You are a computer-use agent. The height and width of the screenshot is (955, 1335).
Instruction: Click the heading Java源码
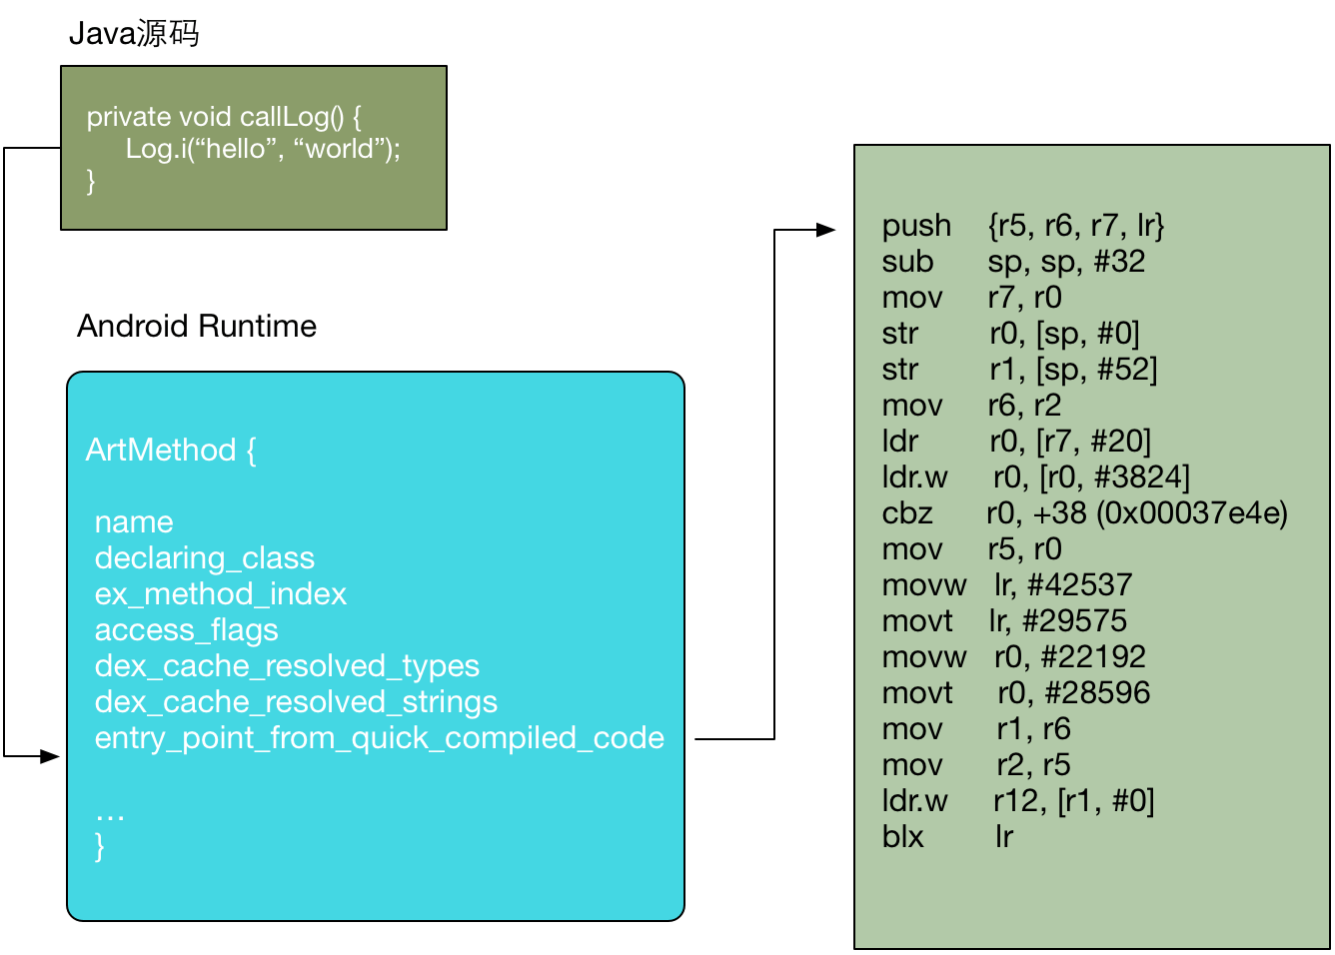134,33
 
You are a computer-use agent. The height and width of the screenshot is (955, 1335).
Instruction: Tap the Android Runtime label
197,326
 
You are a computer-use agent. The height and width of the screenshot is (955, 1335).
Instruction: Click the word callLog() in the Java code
292,117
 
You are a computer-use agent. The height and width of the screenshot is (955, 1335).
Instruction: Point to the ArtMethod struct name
162,450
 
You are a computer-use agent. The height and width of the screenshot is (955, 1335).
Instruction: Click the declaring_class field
205,558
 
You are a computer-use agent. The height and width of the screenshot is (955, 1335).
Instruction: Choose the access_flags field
187,630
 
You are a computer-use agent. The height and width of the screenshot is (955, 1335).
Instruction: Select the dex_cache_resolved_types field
287,666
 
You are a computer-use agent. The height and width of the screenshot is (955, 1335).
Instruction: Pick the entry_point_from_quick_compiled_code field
380,738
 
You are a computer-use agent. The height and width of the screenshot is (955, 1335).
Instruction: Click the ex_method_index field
221,594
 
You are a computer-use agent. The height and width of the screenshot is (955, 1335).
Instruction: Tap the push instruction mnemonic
916,227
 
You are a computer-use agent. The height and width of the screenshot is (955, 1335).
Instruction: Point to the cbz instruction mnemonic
907,512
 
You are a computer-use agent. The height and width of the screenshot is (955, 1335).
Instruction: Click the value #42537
1080,585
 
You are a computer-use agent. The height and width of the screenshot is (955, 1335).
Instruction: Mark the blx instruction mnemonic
903,836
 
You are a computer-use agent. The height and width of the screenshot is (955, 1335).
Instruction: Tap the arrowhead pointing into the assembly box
826,230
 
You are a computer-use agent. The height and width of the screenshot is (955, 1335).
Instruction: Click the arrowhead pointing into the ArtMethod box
50,756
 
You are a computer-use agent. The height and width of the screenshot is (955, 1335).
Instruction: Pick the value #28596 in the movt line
1098,693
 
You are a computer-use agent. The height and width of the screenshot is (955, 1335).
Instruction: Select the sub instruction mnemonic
907,262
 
